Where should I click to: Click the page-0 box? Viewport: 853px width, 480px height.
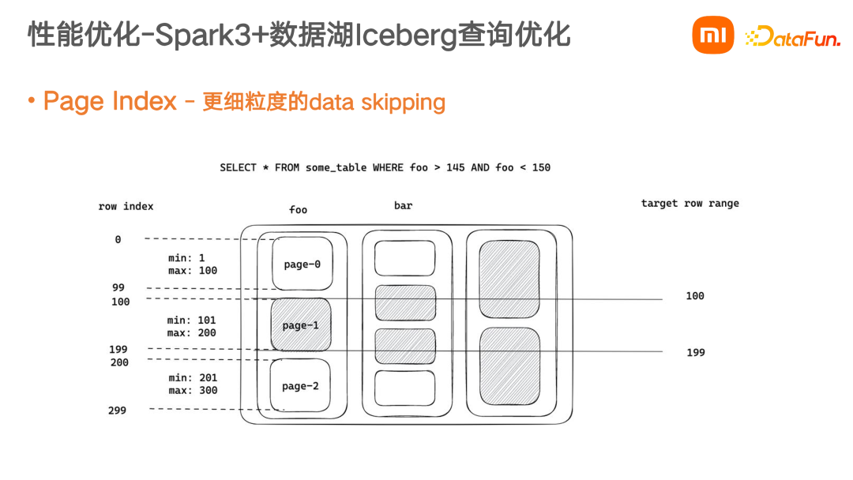coord(302,264)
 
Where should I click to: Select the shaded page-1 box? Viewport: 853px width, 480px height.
coord(300,324)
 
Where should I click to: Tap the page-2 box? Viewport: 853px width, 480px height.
coord(300,386)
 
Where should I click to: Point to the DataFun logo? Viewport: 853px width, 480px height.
coord(793,36)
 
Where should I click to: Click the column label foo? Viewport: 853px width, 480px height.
coord(298,209)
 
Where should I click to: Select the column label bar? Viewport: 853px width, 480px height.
coord(403,205)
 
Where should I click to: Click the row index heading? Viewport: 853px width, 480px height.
coord(126,206)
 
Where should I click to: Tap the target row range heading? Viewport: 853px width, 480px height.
coord(690,203)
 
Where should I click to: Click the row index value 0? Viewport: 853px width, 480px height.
coord(118,239)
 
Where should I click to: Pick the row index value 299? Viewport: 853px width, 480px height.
coord(117,410)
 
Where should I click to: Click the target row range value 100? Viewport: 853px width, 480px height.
coord(694,295)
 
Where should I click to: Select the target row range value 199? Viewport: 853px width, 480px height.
coord(695,352)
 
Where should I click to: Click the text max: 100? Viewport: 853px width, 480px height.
coord(193,271)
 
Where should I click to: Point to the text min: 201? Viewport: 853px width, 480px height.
coord(192,377)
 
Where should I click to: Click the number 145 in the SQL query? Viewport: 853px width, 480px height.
coord(456,167)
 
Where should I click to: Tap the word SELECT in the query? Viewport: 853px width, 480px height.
coord(238,167)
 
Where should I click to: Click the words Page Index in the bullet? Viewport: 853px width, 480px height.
coord(110,101)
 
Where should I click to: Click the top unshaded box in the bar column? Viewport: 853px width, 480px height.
coord(404,258)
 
